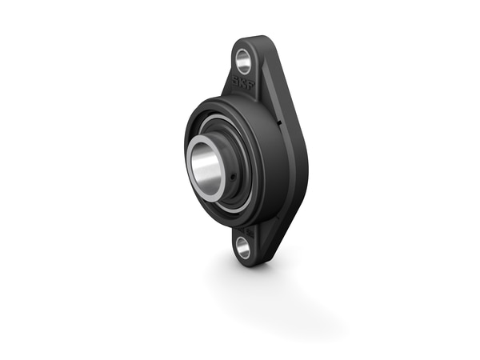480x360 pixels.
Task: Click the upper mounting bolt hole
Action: point(242,59)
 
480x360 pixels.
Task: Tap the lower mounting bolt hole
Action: point(244,247)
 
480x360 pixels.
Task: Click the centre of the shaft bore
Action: point(206,163)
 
